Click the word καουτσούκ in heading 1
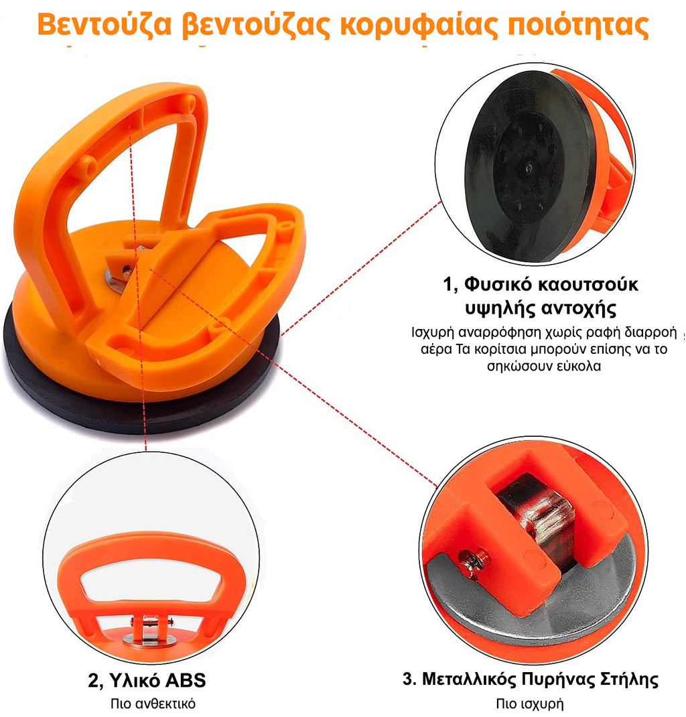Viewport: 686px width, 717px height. [x=588, y=285]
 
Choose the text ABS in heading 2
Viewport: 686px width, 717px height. [x=185, y=680]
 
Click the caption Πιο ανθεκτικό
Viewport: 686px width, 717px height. [x=153, y=704]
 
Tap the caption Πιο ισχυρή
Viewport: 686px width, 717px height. [x=530, y=704]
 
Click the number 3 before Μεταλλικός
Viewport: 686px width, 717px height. [x=409, y=679]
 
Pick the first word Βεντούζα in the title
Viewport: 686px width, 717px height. [x=105, y=25]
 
